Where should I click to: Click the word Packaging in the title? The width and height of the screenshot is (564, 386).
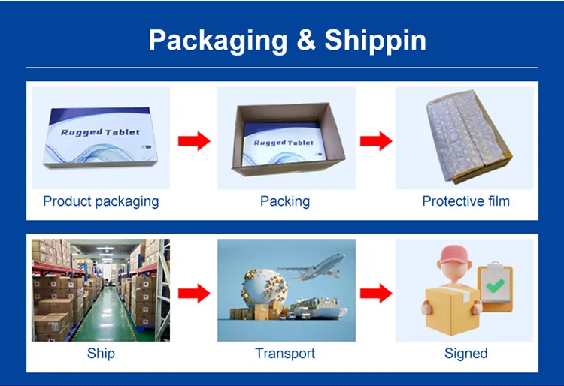217,40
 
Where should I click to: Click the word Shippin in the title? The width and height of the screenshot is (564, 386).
375,40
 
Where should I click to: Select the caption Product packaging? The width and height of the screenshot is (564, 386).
101,201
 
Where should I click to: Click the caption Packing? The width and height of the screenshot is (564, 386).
285,201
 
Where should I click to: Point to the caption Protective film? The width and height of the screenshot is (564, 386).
465,201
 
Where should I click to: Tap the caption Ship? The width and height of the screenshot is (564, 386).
101,354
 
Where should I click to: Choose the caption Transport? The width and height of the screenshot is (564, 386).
285,354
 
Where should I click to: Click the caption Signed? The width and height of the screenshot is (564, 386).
465,354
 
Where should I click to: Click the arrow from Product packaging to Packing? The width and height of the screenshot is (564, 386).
194,140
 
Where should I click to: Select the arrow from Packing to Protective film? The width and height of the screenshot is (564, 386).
376,140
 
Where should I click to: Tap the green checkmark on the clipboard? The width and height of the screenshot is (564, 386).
495,286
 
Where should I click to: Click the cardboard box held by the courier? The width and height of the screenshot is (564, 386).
449,308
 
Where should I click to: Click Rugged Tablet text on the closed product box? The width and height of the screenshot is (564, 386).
100,132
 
